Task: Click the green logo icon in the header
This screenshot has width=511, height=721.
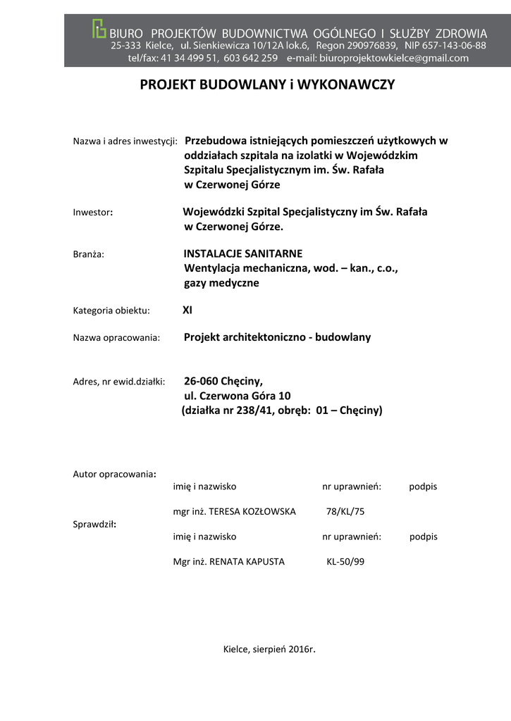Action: tap(99, 29)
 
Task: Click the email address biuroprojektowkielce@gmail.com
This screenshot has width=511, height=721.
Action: tap(394, 58)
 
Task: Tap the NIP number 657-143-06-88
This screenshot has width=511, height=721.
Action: tap(455, 45)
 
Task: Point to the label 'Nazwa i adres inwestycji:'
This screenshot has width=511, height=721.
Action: tap(125, 141)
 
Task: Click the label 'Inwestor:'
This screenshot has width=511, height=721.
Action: tap(93, 212)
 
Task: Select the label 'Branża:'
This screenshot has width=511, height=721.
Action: tap(89, 254)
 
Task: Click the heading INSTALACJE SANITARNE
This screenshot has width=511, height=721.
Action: tap(242, 253)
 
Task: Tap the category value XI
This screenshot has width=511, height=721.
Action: tap(187, 310)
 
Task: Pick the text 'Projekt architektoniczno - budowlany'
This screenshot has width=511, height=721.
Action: tap(277, 337)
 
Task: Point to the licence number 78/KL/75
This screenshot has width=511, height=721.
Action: tap(345, 511)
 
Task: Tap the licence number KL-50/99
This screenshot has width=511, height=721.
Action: tap(345, 562)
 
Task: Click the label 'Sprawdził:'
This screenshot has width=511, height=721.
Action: tap(95, 525)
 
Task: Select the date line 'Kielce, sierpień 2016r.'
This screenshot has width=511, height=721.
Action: tap(269, 648)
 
